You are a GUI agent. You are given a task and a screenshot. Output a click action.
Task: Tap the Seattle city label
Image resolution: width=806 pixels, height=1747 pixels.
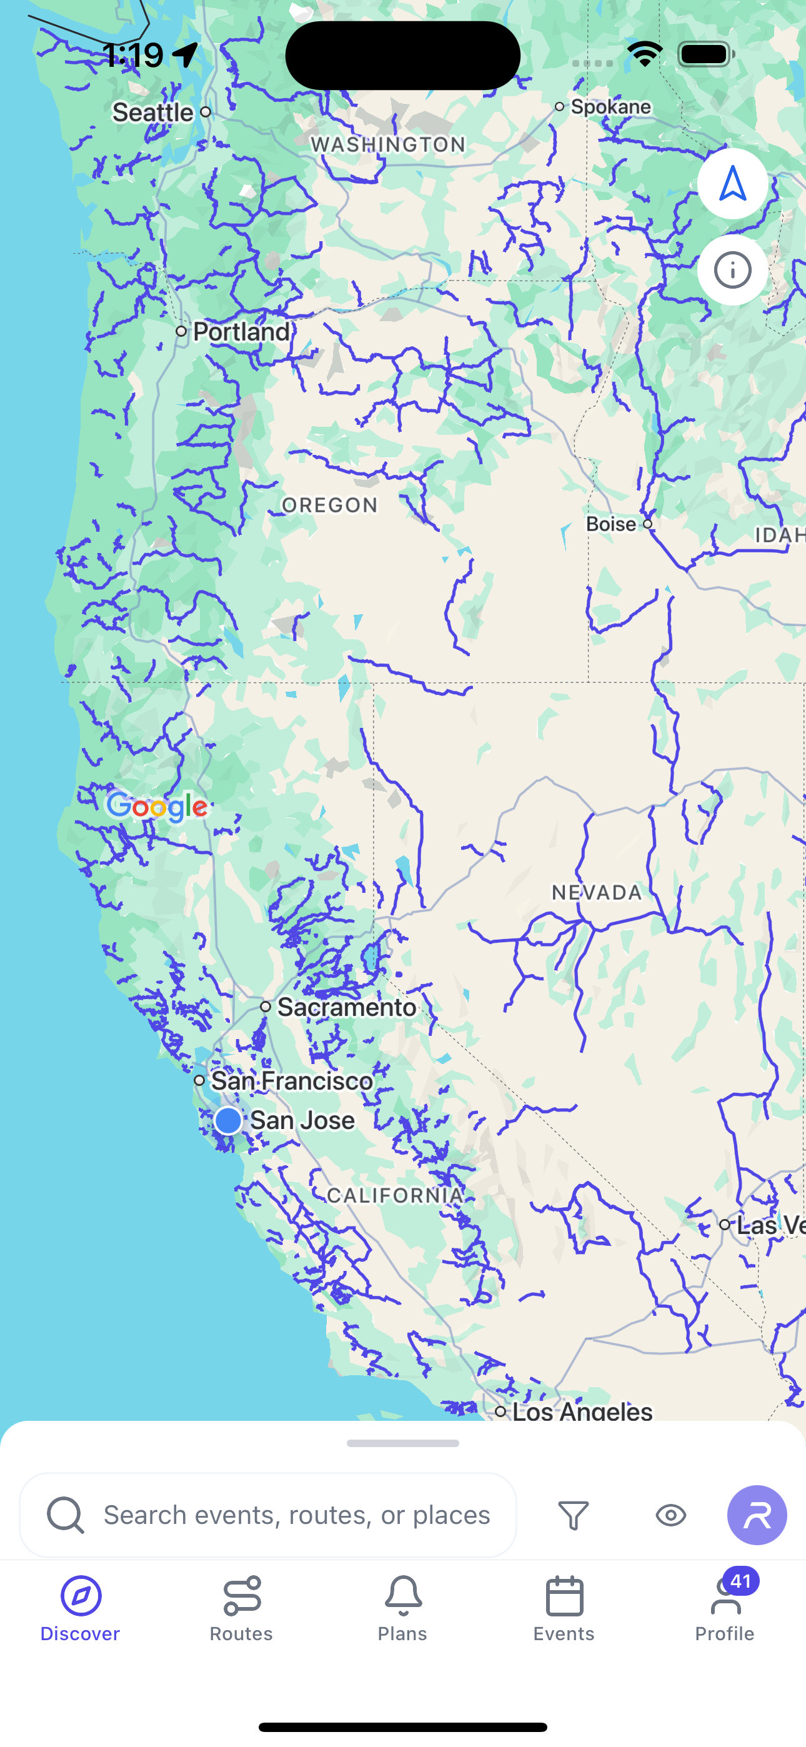[x=153, y=112]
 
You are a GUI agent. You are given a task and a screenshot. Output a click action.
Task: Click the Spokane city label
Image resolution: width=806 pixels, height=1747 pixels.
[x=610, y=106]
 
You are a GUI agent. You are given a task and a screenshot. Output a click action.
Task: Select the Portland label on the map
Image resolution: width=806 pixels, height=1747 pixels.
[x=242, y=332]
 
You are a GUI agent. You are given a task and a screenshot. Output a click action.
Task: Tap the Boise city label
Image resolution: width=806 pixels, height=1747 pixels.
[x=610, y=524]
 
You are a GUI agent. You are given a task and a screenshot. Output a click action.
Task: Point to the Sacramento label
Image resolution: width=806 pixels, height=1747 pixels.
[x=346, y=1007]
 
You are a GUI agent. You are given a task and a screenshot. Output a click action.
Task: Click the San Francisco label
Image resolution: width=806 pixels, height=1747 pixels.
[x=292, y=1080]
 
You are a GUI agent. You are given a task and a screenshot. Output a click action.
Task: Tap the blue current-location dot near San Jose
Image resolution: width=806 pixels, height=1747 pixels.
[x=228, y=1120]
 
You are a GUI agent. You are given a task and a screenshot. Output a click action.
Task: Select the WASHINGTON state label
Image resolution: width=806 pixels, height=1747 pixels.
[x=388, y=144]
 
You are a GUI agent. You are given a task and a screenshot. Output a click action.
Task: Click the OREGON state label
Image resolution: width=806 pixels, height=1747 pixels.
[x=330, y=505]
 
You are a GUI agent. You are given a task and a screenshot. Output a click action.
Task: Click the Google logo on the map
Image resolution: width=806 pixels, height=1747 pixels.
[x=157, y=807]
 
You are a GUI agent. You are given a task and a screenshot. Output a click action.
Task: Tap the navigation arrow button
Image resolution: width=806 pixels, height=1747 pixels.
[x=733, y=184]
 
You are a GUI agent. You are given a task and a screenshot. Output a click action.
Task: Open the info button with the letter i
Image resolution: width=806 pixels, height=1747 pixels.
[x=733, y=271]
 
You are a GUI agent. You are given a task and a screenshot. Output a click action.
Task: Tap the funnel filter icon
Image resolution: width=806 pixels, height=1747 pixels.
[x=574, y=1515]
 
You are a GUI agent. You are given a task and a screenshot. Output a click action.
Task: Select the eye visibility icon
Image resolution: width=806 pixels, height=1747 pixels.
[x=671, y=1515]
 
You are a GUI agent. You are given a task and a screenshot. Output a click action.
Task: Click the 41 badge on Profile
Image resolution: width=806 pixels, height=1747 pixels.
[x=741, y=1581]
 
